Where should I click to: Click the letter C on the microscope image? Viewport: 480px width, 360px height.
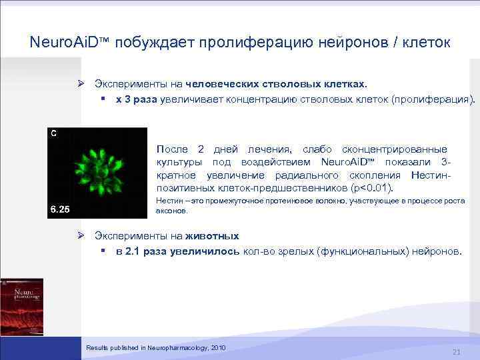[x=53, y=133]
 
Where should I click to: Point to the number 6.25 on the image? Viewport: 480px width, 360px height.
[x=60, y=211]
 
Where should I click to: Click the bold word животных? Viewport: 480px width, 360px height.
[x=212, y=236]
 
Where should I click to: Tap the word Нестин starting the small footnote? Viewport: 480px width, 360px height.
[x=167, y=201]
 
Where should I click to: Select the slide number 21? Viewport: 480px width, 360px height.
[x=457, y=351]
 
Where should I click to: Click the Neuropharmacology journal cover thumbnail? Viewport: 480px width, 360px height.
[x=22, y=307]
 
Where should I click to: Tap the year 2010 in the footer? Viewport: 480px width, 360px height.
[x=218, y=348]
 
